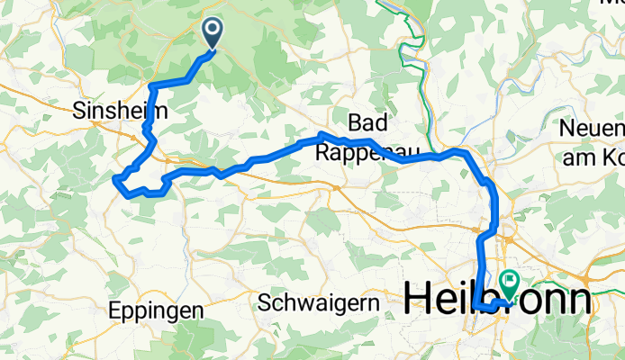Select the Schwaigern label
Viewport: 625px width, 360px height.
point(318,302)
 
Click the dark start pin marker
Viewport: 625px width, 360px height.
point(213,32)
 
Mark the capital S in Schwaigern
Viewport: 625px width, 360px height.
point(264,302)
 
